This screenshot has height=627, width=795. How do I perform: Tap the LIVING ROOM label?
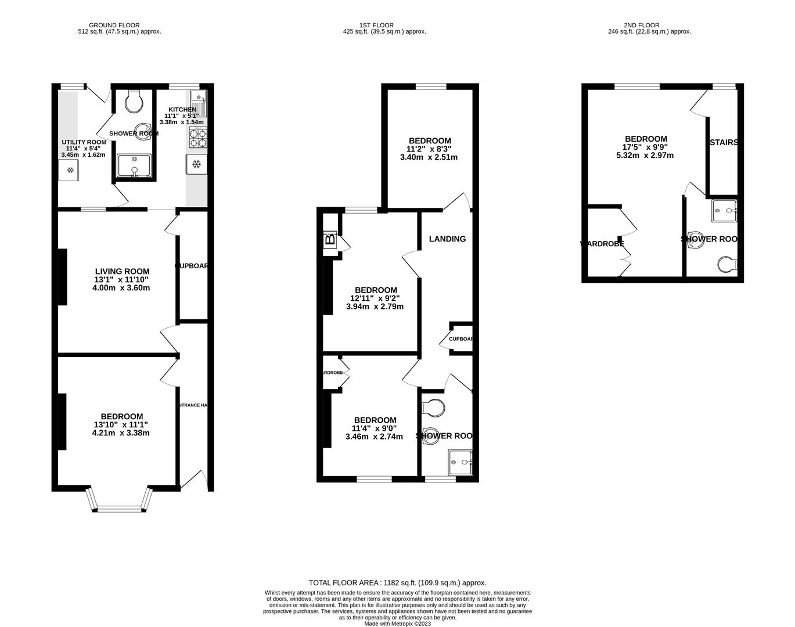(122, 271)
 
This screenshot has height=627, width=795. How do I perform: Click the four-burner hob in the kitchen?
(198, 138)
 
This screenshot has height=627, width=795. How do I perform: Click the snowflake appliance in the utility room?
(70, 170)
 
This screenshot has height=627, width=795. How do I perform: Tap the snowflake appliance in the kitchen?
(196, 164)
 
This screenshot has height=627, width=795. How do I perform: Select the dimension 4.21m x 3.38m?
(121, 433)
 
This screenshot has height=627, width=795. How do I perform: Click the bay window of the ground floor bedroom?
(119, 500)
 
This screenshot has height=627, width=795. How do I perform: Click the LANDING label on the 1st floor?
(447, 239)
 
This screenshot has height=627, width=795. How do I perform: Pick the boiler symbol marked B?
(330, 239)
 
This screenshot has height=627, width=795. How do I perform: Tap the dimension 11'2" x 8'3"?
(430, 149)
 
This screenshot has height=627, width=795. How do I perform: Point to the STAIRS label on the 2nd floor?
(724, 142)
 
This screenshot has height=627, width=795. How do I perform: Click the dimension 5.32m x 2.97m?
(645, 156)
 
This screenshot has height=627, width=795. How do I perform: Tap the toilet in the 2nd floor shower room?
(726, 265)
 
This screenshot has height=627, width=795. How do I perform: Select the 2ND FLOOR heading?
(642, 25)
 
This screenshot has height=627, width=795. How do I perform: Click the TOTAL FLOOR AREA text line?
(397, 583)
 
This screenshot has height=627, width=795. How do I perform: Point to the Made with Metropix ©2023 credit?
(397, 624)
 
